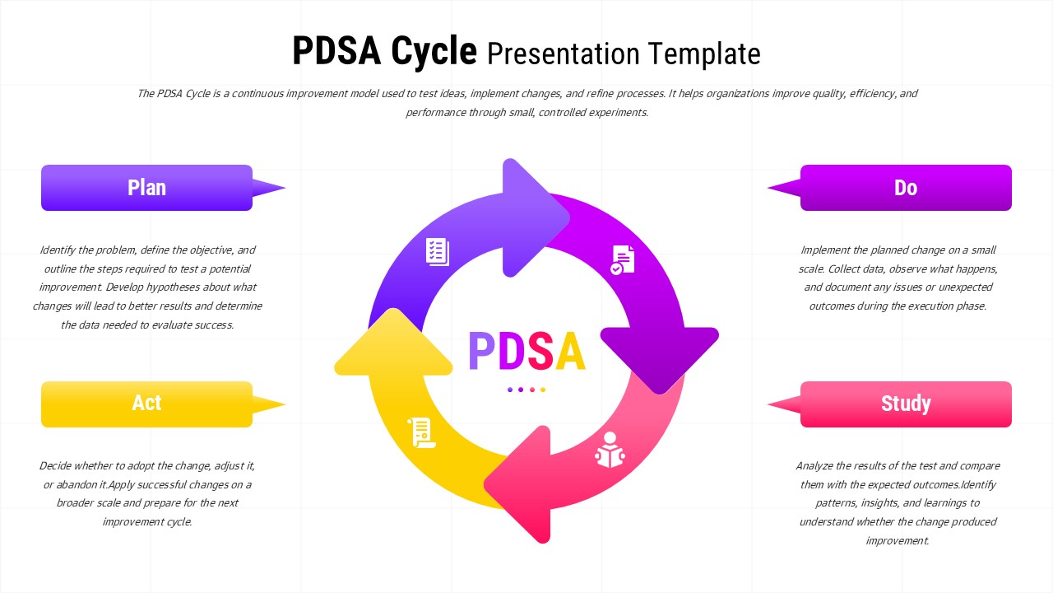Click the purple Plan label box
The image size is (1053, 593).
(x=146, y=188)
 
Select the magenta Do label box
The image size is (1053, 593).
(x=906, y=188)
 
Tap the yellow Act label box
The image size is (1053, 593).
(x=146, y=404)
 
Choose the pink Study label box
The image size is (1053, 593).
(x=906, y=404)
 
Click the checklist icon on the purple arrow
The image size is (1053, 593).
(x=438, y=251)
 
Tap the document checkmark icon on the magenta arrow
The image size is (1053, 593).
(x=623, y=259)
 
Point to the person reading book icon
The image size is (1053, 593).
(x=610, y=450)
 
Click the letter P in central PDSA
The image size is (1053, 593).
(x=481, y=352)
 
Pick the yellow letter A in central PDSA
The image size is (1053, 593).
(x=570, y=352)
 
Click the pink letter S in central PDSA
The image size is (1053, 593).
(x=540, y=352)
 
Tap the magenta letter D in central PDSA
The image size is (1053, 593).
(x=511, y=352)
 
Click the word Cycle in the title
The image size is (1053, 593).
(x=434, y=52)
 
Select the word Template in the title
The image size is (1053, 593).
(x=704, y=54)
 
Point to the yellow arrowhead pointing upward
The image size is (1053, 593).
(x=393, y=346)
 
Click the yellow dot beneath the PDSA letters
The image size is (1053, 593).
(x=543, y=390)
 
